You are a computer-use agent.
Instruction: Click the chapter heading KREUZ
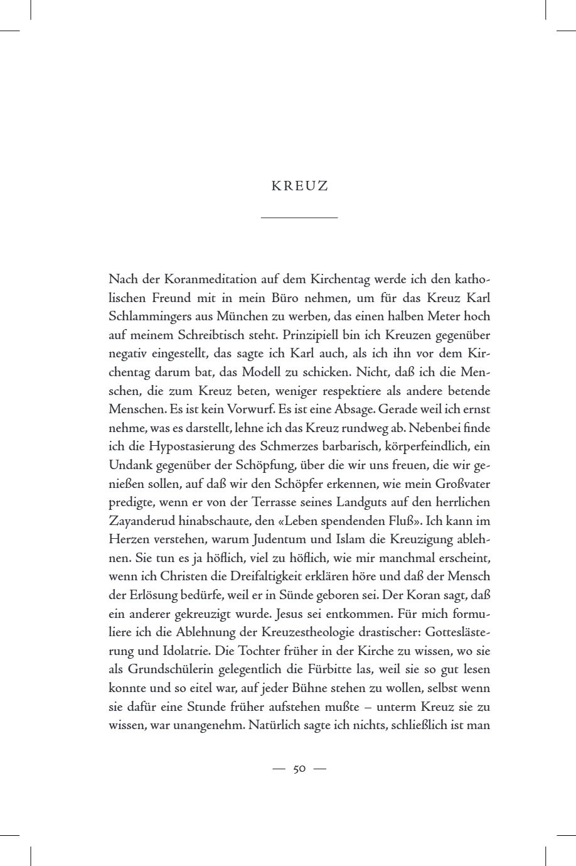(299, 187)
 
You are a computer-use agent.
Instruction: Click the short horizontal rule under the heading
(299, 218)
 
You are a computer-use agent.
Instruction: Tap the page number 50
(299, 769)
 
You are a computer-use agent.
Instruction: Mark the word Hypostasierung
(190, 447)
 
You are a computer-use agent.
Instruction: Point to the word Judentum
(304, 539)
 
